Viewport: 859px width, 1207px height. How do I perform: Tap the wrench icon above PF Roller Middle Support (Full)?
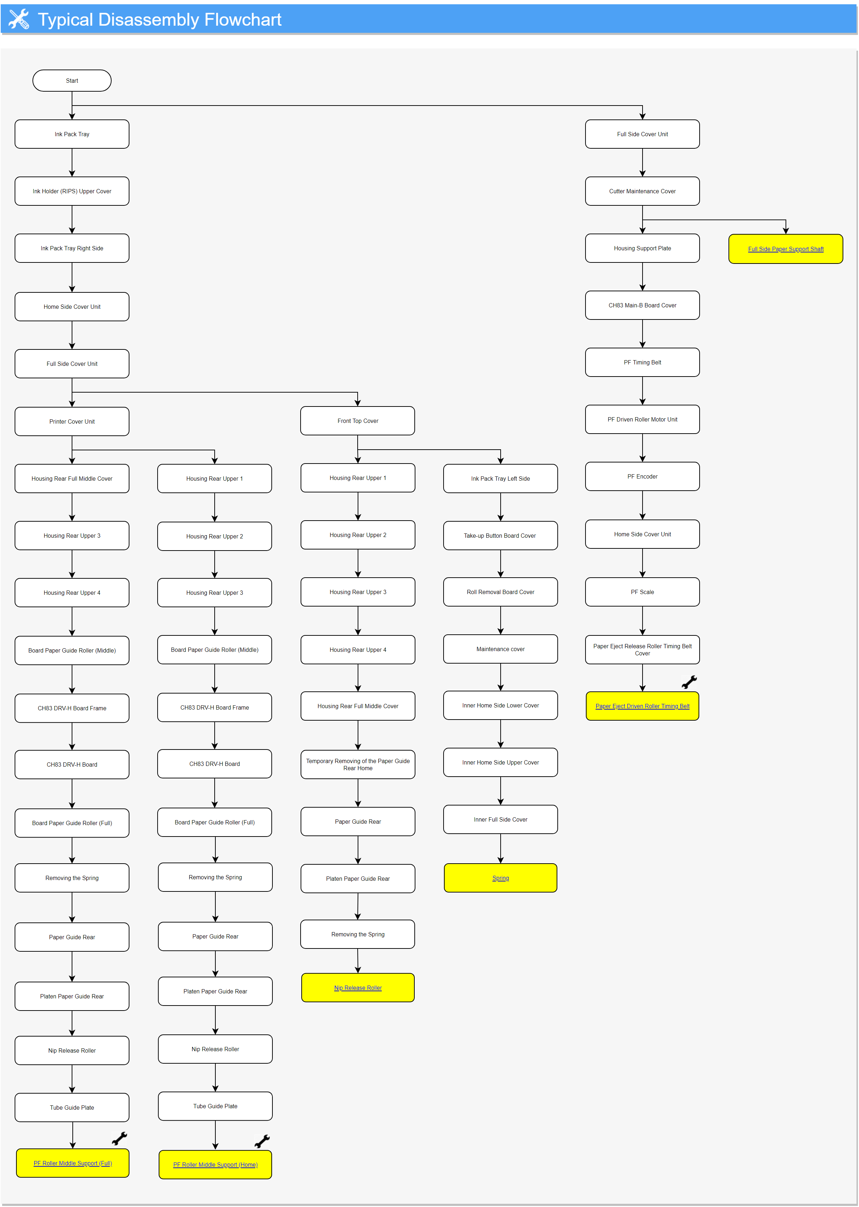[x=119, y=1138]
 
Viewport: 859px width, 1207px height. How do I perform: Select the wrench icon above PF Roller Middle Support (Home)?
[x=262, y=1141]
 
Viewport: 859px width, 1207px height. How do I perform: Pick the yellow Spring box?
[x=500, y=878]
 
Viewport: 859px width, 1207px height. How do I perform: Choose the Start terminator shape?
[x=72, y=80]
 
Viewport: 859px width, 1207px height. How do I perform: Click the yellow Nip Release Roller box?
[x=358, y=987]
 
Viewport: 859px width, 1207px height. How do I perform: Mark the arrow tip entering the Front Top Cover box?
[x=358, y=406]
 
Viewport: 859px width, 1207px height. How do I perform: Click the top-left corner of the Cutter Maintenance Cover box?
[x=586, y=177]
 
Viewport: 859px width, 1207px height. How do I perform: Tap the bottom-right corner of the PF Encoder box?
[x=699, y=490]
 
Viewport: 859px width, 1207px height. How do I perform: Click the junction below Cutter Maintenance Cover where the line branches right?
[x=642, y=220]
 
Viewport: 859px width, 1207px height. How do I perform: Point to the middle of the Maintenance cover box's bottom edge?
[x=500, y=663]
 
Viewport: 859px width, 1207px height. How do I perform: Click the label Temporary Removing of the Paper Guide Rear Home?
[x=358, y=764]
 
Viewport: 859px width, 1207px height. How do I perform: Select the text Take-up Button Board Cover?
[x=500, y=535]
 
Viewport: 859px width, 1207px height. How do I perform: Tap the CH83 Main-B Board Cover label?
[x=642, y=305]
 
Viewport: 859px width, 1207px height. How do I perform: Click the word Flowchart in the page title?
[x=243, y=20]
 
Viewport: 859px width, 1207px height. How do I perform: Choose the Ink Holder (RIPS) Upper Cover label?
[x=72, y=191]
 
